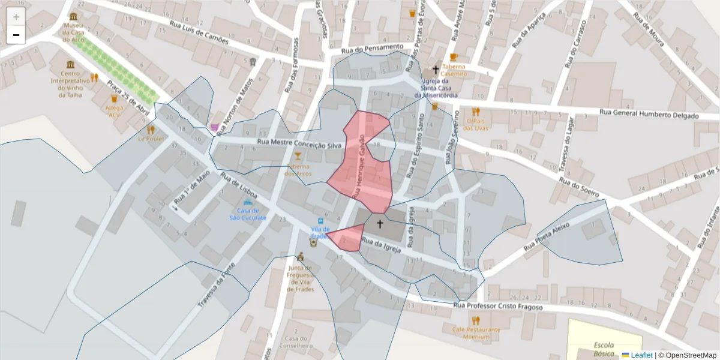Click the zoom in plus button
[16, 17]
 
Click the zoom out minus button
[16, 35]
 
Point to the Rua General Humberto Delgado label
[650, 115]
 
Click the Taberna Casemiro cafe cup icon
[454, 58]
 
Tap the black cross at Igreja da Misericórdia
[436, 70]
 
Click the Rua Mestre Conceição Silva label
[299, 144]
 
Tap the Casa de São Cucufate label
[248, 214]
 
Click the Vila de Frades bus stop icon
[320, 221]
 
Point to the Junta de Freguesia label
[301, 278]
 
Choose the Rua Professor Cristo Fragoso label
[498, 307]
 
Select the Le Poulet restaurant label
[151, 139]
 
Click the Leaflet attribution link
[641, 355]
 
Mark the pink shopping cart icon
[214, 127]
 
